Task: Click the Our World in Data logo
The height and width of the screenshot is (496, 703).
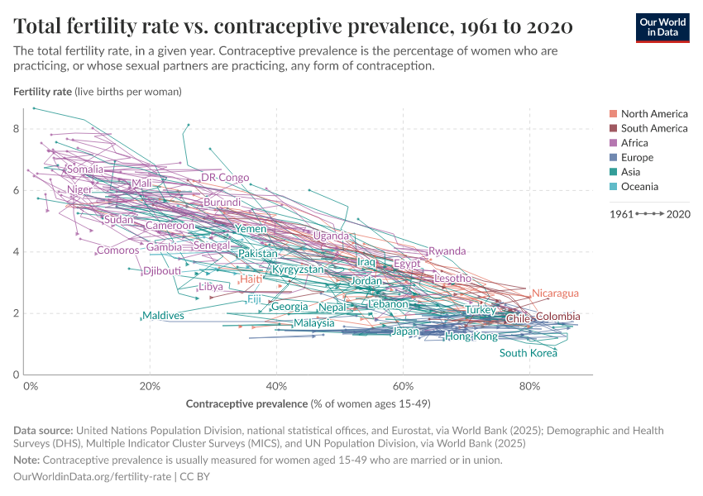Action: click(662, 27)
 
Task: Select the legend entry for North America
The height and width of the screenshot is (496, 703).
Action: click(653, 114)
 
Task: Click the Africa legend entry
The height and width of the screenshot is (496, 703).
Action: click(634, 143)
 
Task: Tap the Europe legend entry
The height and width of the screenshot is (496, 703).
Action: click(637, 158)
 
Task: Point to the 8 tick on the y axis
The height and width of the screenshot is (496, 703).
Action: click(16, 129)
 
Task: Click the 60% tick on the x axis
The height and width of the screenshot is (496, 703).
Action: click(403, 386)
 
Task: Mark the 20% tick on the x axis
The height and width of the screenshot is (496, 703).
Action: click(150, 386)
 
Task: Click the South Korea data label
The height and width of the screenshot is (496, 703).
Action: click(528, 354)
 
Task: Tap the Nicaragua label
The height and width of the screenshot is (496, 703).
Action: click(554, 293)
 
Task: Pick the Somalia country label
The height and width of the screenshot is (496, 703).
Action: click(85, 169)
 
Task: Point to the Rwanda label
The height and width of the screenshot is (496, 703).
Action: click(447, 251)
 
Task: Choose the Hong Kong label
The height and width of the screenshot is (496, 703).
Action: click(471, 336)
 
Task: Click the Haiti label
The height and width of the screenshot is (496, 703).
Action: click(251, 279)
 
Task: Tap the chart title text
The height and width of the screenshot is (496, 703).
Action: click(294, 27)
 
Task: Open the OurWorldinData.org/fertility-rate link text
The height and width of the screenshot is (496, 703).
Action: click(93, 477)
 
